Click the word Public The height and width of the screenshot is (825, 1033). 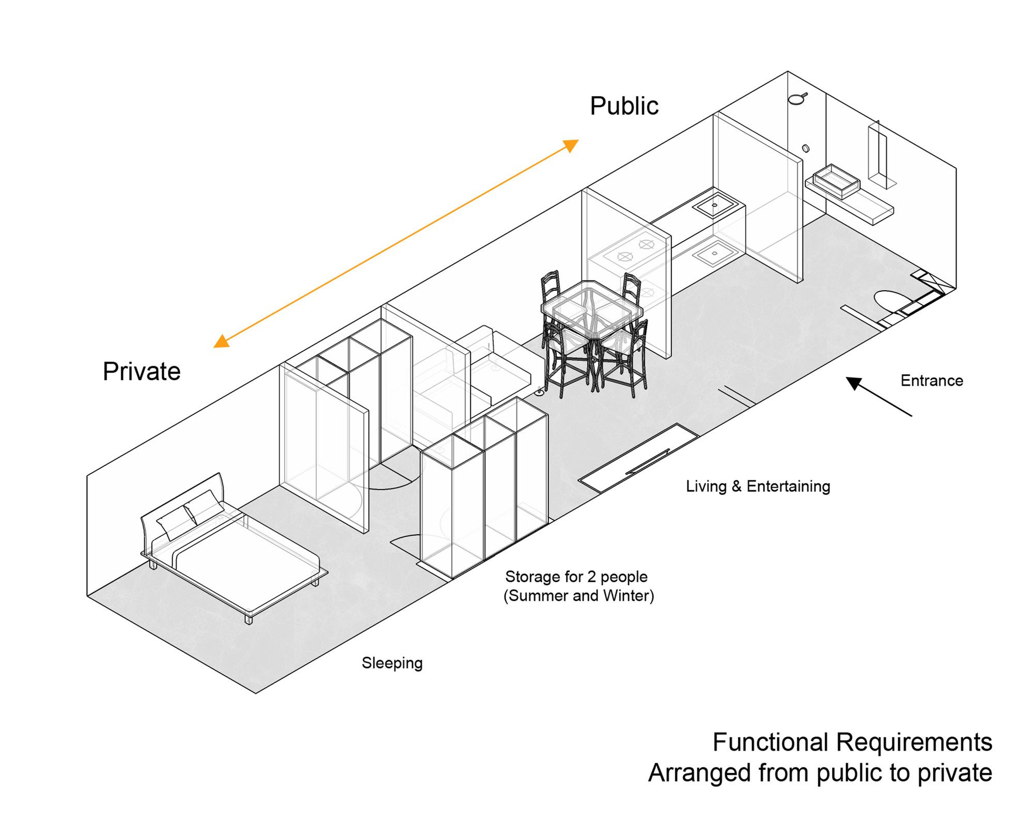[x=624, y=106]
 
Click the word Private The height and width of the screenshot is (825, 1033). [x=142, y=371]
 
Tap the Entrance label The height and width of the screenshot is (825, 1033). [x=932, y=381]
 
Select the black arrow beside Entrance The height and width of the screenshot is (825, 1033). [x=878, y=396]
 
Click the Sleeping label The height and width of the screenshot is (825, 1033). [x=392, y=663]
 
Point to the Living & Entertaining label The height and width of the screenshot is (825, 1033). [x=758, y=486]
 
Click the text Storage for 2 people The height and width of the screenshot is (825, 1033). [x=576, y=577]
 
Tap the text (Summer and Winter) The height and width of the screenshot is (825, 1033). [x=578, y=596]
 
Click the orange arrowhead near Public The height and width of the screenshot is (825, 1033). [x=571, y=145]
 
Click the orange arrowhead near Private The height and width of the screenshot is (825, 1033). [x=221, y=341]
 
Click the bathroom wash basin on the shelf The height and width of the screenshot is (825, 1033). [x=836, y=181]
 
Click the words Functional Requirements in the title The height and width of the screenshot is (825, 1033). [x=852, y=742]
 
